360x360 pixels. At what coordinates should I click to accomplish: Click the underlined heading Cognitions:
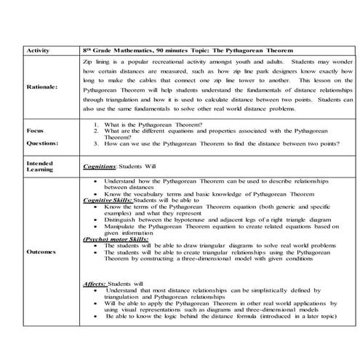(x=100, y=167)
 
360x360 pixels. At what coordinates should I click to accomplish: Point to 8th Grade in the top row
(x=99, y=51)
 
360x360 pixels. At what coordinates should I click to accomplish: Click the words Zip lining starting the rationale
(x=97, y=63)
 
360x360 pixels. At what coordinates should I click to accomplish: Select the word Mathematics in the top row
(x=136, y=51)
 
